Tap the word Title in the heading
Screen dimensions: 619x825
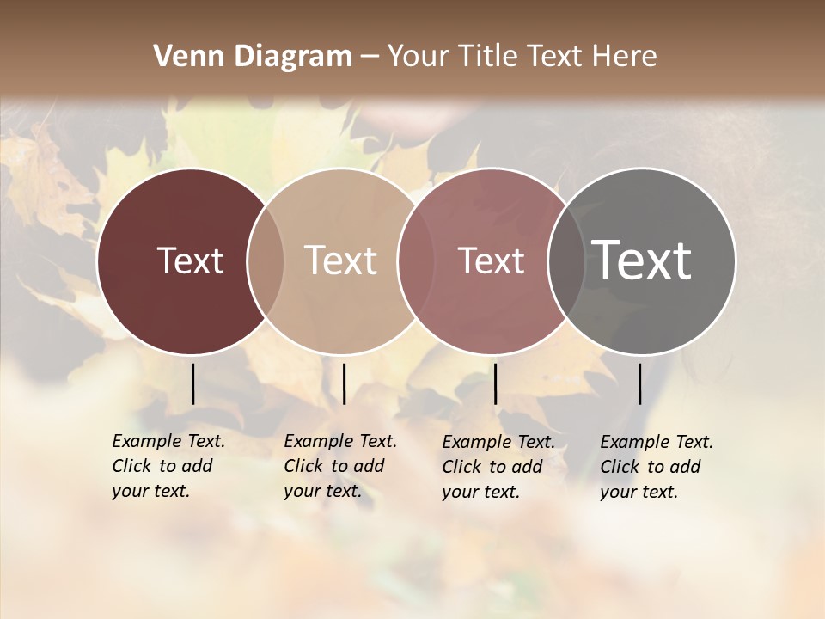pos(487,57)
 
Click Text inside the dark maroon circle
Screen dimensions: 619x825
pos(190,260)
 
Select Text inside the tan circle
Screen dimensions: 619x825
pos(340,260)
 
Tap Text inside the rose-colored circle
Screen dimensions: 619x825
pos(491,260)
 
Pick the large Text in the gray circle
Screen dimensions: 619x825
pos(642,260)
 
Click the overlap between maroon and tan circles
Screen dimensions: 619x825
pos(265,261)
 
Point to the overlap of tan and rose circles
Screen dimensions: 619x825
pos(415,261)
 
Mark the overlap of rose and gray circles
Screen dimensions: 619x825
pos(565,261)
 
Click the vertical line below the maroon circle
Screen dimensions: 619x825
pos(192,383)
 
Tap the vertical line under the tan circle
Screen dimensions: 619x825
pos(344,383)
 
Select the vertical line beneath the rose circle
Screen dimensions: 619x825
pos(495,383)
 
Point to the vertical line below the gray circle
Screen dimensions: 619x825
pos(640,383)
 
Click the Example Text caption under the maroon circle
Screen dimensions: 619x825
pos(168,466)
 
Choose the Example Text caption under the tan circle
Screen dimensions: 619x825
pos(339,466)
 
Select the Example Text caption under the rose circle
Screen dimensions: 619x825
pos(498,467)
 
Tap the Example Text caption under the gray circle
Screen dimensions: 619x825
pos(656,467)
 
